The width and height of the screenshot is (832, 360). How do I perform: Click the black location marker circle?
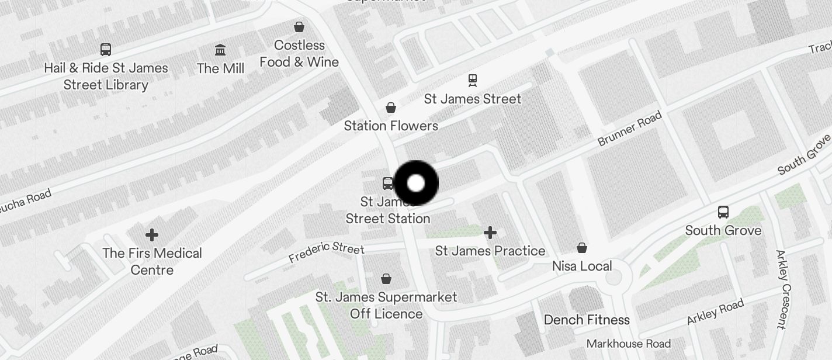(x=416, y=183)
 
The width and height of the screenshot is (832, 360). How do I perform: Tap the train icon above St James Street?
(x=473, y=79)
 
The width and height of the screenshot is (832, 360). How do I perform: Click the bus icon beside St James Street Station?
(x=388, y=184)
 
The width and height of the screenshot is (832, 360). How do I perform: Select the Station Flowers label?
(x=391, y=126)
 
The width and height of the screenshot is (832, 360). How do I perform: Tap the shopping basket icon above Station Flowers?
(x=391, y=108)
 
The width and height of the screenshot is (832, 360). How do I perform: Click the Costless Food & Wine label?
(x=299, y=53)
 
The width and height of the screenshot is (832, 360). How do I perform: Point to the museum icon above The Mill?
(x=220, y=50)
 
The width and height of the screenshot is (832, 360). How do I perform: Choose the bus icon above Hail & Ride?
(x=106, y=50)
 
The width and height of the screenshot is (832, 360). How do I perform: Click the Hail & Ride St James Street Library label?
(x=106, y=76)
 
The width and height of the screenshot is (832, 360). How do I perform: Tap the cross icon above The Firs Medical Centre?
(x=152, y=235)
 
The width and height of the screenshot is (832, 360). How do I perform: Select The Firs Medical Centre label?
(x=152, y=261)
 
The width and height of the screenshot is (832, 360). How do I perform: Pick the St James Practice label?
(x=490, y=251)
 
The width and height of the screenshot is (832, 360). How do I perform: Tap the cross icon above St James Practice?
(x=490, y=233)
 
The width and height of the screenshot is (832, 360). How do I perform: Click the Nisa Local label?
(x=582, y=266)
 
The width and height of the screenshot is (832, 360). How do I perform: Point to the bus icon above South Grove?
(x=723, y=212)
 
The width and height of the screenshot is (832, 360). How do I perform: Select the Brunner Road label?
(x=629, y=129)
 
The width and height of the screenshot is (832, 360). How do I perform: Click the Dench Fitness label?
(x=587, y=320)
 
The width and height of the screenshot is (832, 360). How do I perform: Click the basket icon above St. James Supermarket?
(x=386, y=279)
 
